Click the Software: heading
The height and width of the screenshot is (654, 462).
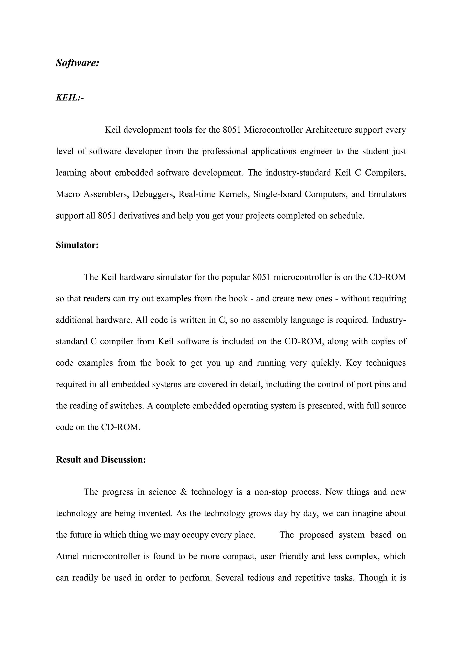click(77, 63)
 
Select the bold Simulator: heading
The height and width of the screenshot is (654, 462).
click(77, 245)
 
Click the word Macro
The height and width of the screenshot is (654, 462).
click(67, 194)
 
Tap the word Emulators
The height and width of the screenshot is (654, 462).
click(387, 194)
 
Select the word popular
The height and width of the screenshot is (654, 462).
click(235, 277)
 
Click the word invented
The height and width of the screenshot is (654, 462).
click(156, 513)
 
